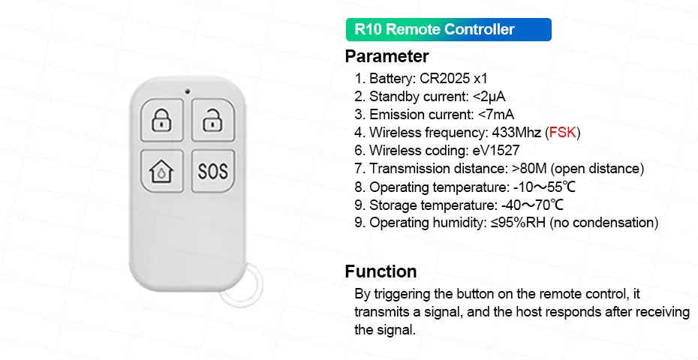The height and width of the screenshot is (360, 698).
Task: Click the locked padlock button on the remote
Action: pos(161,120)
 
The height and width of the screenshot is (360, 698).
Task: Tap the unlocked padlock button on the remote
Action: pos(212,120)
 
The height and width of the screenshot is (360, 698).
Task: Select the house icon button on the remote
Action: pos(161,170)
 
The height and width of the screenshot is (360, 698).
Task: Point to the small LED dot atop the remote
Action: pos(185,93)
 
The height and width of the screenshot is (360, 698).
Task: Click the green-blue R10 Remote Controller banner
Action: pos(448,30)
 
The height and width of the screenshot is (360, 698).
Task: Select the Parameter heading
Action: pos(387,56)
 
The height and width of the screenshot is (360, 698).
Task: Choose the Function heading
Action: pos(381,271)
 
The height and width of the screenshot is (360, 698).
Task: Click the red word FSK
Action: pos(562,133)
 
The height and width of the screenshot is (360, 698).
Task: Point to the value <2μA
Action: pos(489,96)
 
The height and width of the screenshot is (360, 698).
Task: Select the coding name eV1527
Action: pos(496,151)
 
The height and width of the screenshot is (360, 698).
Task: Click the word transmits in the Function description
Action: pos(383,312)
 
